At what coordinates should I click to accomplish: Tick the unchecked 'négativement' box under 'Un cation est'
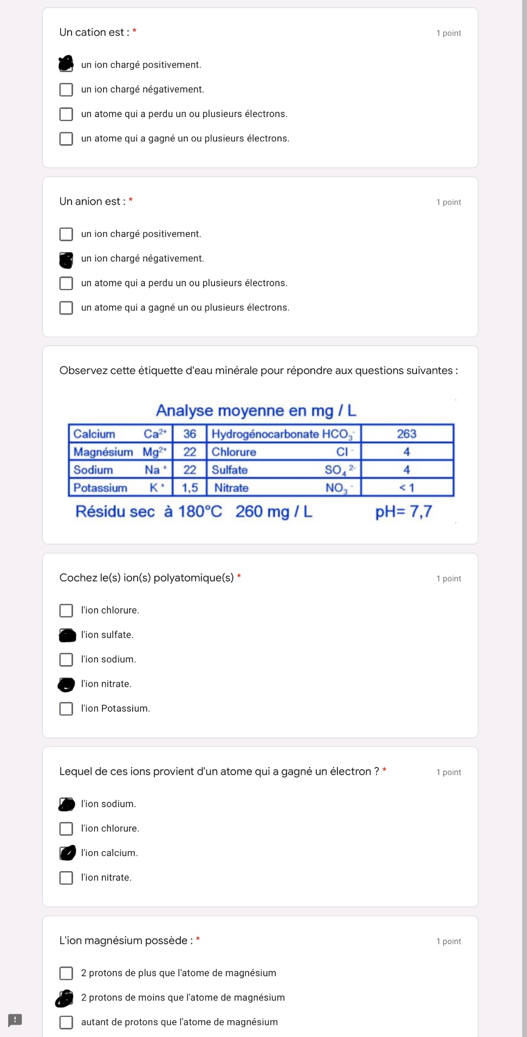point(66,89)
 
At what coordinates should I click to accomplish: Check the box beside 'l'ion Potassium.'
point(66,708)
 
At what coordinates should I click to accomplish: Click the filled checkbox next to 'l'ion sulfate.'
point(67,635)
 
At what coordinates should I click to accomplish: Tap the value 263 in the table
point(406,434)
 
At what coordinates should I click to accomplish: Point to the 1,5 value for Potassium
point(190,488)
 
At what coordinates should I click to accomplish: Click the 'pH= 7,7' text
point(404,512)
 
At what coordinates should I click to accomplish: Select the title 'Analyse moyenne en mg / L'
point(256,410)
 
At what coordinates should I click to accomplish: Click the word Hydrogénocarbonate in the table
point(265,434)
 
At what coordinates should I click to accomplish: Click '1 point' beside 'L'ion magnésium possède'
point(448,941)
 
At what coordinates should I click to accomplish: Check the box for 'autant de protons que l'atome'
point(66,1022)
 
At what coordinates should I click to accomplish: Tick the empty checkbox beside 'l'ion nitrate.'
point(66,878)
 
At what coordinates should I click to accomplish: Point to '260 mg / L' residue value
point(274,512)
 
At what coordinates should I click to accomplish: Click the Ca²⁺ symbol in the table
point(155,434)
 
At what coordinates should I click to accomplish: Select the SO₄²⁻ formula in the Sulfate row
point(340,470)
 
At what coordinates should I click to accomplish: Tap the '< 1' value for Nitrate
point(406,488)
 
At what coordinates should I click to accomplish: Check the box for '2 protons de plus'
point(66,973)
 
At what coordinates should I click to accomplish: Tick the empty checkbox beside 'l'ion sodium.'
point(66,659)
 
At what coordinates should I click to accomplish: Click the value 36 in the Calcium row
point(190,434)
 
